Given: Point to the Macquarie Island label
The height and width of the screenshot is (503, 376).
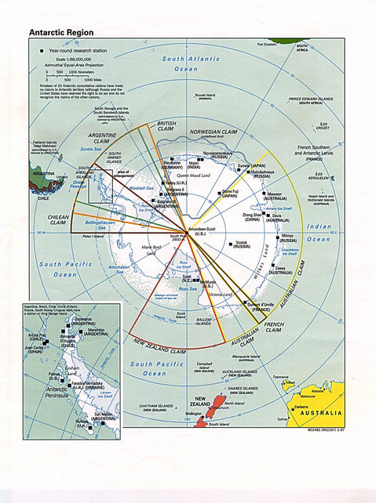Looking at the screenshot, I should (x=247, y=357).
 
